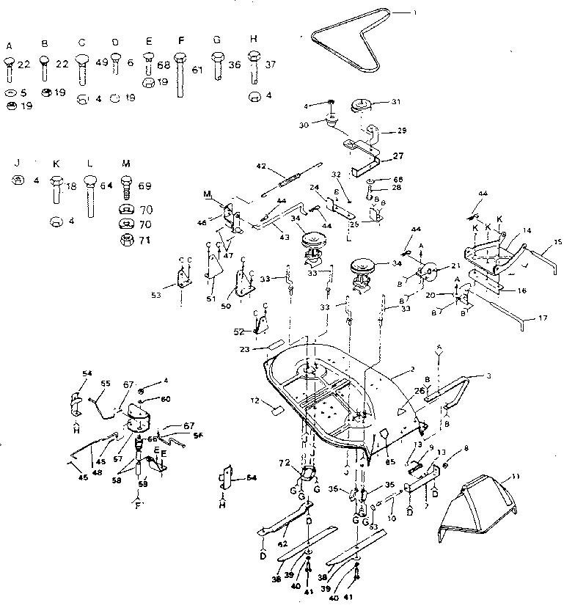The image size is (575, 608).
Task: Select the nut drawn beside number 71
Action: pos(126,241)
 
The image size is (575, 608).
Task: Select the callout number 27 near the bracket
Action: pos(400,155)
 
